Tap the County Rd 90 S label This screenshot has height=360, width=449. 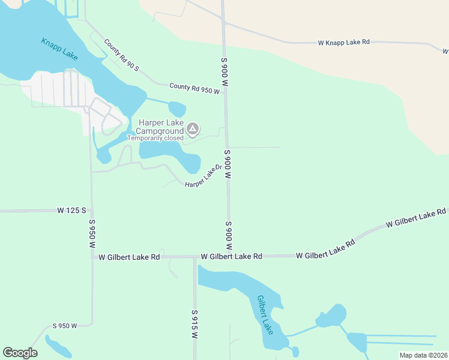click(x=121, y=55)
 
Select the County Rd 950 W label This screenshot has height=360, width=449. click(x=194, y=88)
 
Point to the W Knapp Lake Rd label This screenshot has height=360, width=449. click(x=343, y=43)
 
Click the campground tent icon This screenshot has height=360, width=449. click(x=192, y=128)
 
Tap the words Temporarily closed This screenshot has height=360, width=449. click(x=160, y=138)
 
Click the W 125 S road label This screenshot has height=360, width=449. click(x=72, y=211)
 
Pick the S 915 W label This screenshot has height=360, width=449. click(x=194, y=324)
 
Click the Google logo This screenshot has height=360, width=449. click(x=20, y=353)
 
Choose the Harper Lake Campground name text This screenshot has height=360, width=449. click(x=160, y=127)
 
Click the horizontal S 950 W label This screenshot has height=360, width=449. click(x=65, y=326)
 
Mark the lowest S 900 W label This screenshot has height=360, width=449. click(x=229, y=236)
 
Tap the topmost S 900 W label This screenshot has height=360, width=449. click(x=224, y=72)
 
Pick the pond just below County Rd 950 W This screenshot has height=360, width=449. click(x=177, y=109)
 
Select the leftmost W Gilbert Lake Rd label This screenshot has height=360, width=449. click(x=129, y=257)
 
